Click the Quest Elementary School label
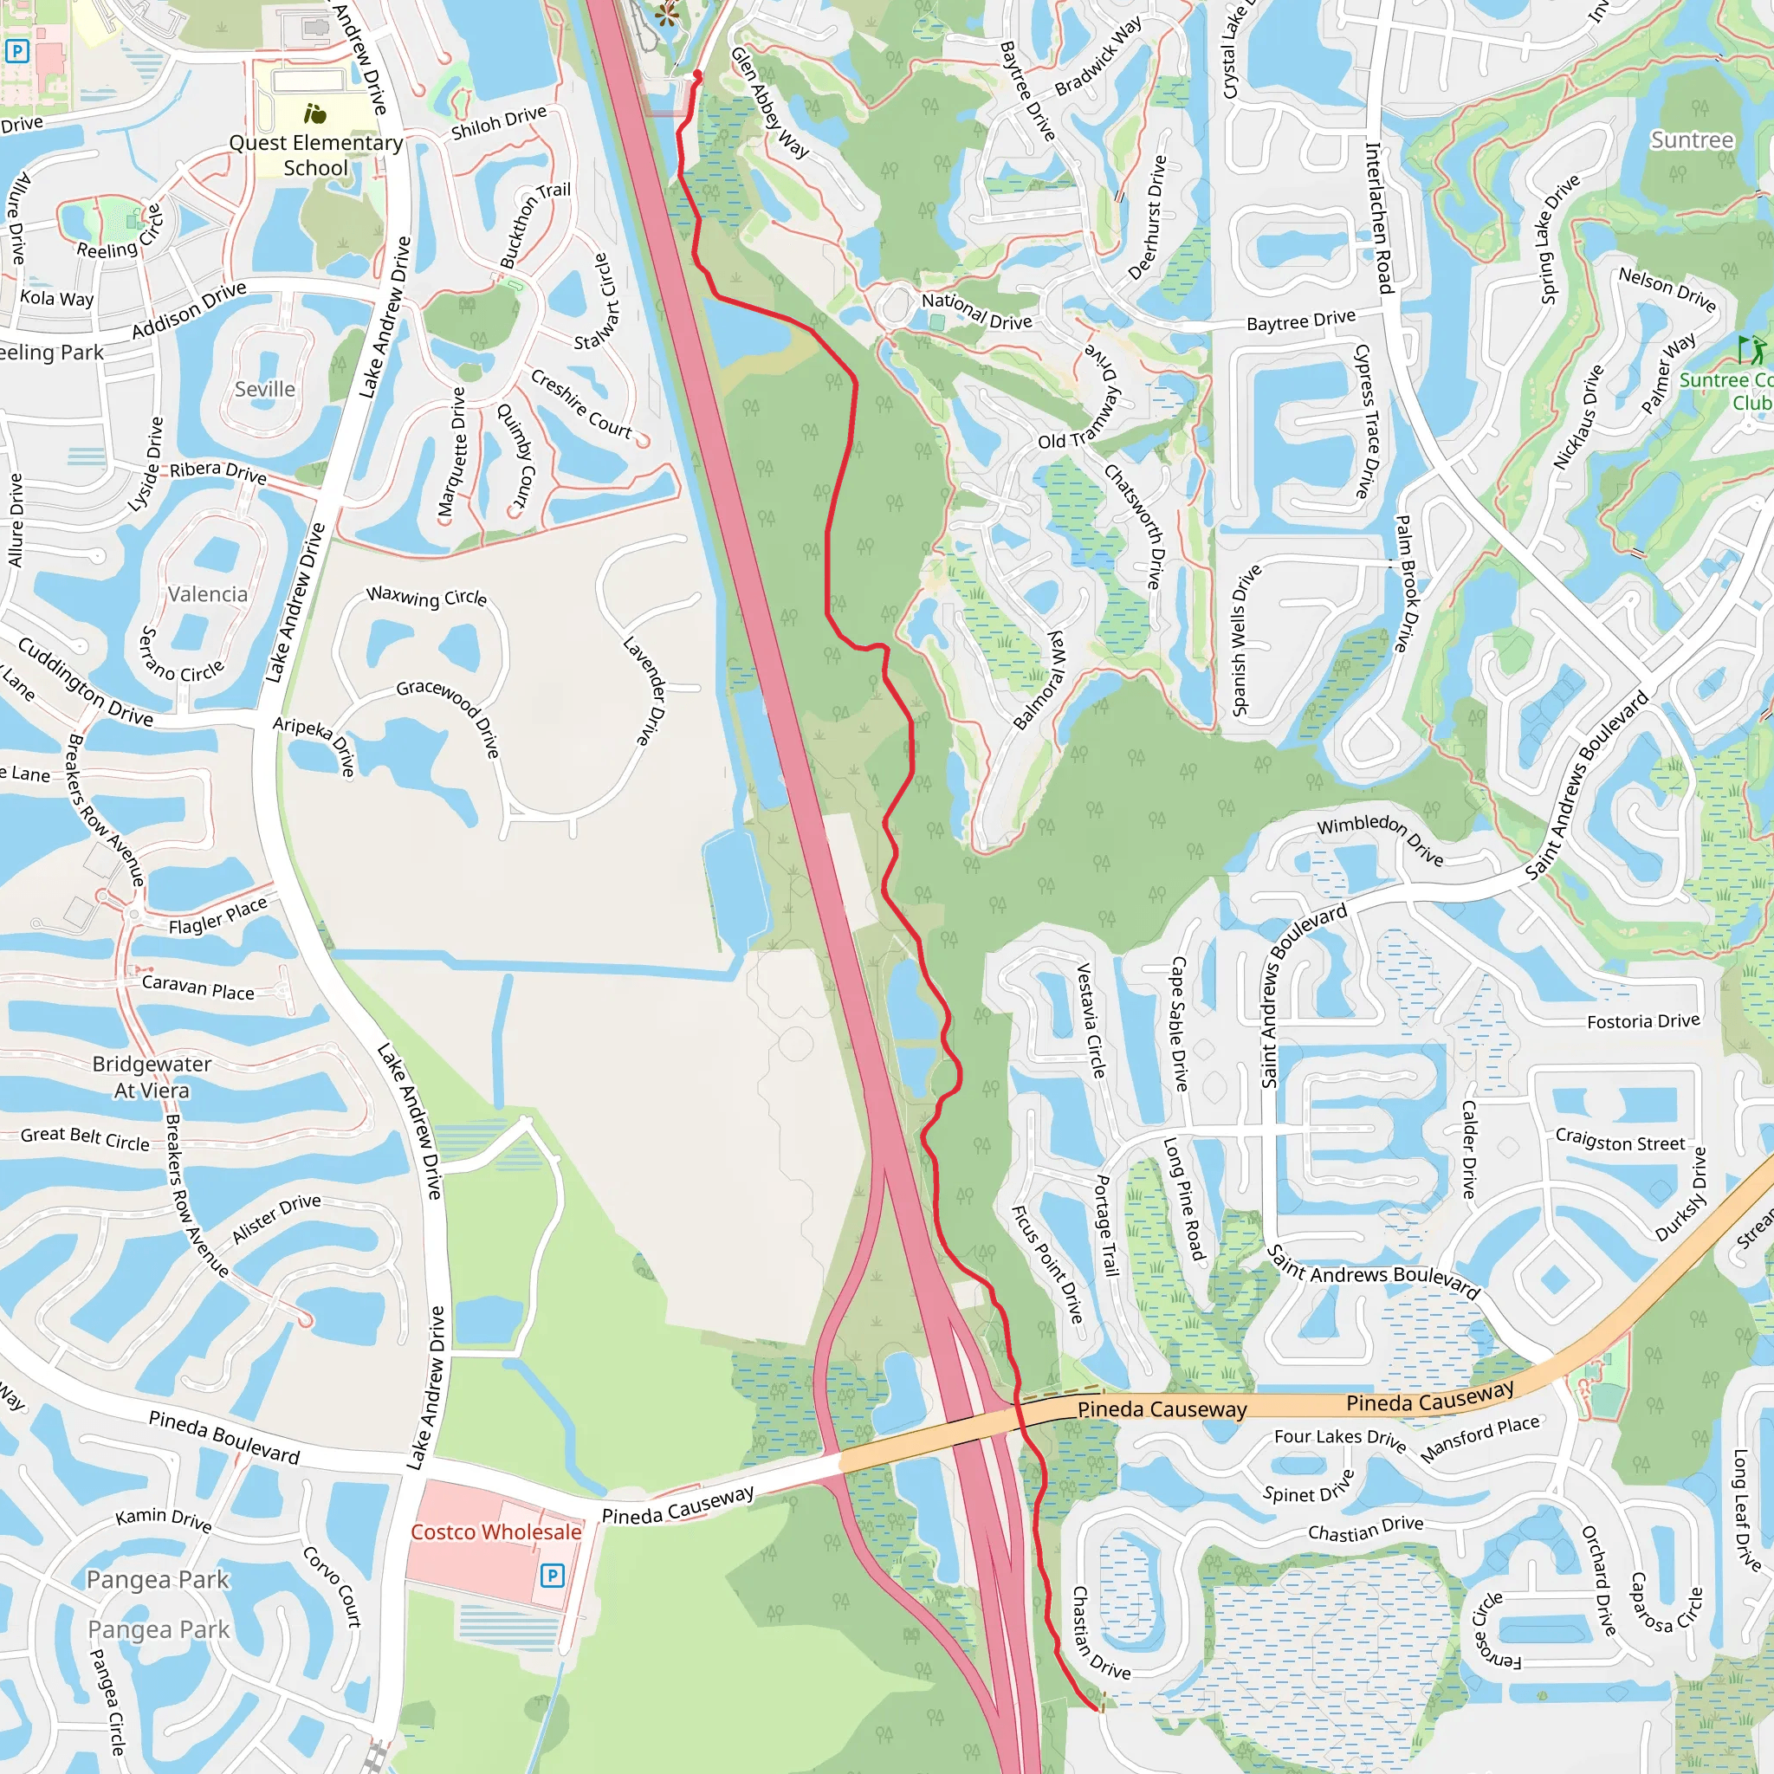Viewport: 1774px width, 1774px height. (x=316, y=154)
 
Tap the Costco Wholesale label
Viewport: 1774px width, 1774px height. (x=495, y=1531)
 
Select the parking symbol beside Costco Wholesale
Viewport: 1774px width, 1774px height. (x=552, y=1576)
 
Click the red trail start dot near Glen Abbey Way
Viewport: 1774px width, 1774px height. (x=698, y=74)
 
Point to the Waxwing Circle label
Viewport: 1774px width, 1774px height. (x=427, y=597)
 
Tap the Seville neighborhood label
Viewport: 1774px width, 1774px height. (x=264, y=389)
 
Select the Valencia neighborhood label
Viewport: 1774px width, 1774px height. (x=208, y=594)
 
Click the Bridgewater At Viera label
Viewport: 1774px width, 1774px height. (x=152, y=1077)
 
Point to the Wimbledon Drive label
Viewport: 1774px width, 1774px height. (x=1380, y=838)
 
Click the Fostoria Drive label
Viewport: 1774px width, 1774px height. (x=1643, y=1021)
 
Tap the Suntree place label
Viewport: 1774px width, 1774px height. (x=1693, y=139)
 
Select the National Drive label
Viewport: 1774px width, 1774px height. (x=977, y=311)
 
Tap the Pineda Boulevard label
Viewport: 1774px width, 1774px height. (x=224, y=1437)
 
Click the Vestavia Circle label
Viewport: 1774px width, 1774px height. (x=1090, y=1020)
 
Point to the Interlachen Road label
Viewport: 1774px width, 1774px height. (x=1379, y=217)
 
